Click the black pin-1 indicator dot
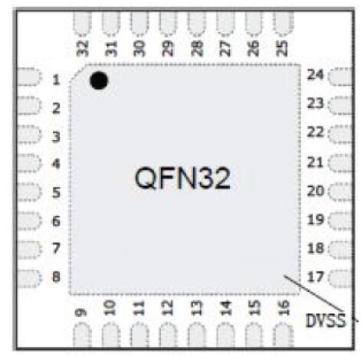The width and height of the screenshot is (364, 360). [99, 80]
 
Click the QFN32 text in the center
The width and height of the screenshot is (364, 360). [182, 178]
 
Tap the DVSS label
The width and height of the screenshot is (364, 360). [326, 320]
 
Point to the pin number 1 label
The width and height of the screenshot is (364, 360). [56, 80]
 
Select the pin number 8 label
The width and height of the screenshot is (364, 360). [56, 277]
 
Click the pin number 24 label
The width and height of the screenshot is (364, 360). [315, 75]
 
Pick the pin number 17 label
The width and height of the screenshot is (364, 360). [316, 277]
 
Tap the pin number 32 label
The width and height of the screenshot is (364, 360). [83, 48]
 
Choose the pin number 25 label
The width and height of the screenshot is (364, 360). [282, 48]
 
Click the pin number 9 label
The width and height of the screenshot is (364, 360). [81, 313]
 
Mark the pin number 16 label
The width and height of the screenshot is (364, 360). [283, 308]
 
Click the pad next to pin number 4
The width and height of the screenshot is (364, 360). [28, 163]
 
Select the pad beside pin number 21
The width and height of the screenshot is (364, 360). [340, 162]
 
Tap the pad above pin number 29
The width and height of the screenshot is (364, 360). [168, 23]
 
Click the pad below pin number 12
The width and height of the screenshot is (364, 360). [168, 335]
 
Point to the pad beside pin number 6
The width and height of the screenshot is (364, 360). [28, 221]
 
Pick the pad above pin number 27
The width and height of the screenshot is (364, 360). [225, 23]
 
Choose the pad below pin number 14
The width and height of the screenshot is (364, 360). [225, 335]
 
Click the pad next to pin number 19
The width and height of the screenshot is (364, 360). [340, 220]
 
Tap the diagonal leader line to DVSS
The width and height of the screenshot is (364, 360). [313, 293]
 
